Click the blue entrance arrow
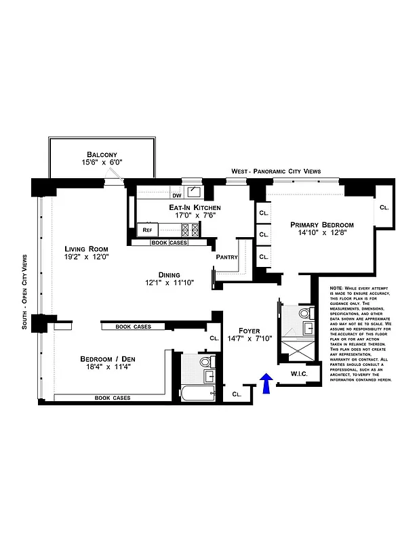(x=266, y=383)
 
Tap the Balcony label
(x=103, y=154)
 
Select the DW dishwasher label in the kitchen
(x=176, y=196)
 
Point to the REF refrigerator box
(x=147, y=230)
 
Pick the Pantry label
(x=226, y=257)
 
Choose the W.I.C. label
(x=300, y=373)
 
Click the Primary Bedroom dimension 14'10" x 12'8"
(x=321, y=234)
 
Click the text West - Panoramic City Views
(x=275, y=171)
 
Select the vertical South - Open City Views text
(x=24, y=291)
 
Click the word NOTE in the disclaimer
(x=337, y=288)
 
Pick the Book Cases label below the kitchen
(x=169, y=242)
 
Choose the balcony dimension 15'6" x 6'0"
(x=103, y=163)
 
